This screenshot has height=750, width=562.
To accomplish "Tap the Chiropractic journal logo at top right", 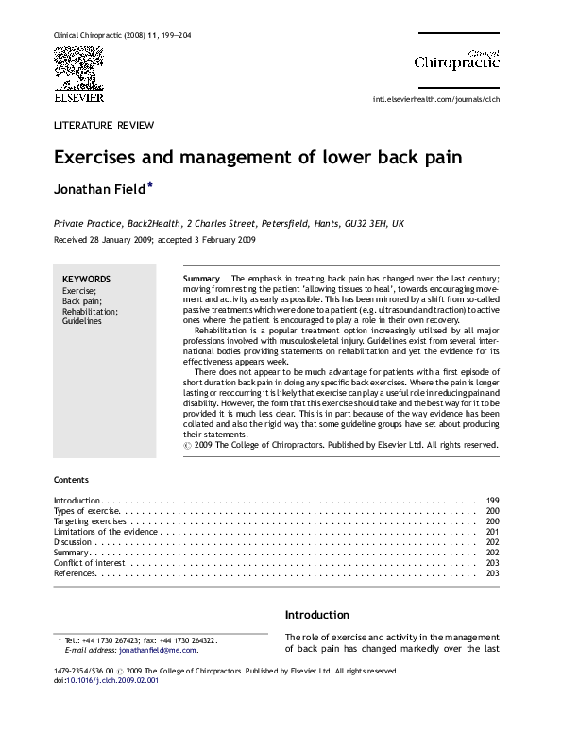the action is point(457,60).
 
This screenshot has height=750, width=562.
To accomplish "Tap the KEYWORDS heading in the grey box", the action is point(86,280).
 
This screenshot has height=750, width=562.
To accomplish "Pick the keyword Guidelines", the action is point(81,321).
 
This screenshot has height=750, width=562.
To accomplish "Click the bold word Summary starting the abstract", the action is point(200,280).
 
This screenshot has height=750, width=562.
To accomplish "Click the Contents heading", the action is point(72,480).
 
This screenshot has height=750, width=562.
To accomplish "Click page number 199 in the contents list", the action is point(492,499).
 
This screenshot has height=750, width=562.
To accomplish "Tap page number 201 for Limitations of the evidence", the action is point(492,533).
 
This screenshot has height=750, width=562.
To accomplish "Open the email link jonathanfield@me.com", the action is point(158,650).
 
